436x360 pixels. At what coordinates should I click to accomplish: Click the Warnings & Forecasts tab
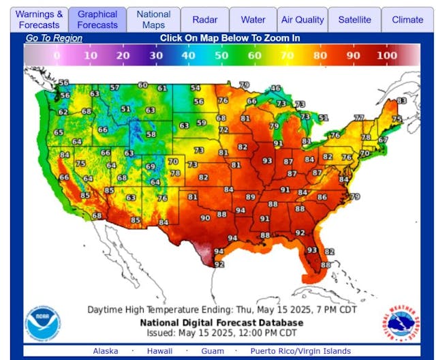(x=40, y=19)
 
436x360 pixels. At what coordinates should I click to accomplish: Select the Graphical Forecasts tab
(x=97, y=19)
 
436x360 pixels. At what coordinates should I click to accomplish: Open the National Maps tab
(x=153, y=19)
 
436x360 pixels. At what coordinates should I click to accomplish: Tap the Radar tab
(x=205, y=20)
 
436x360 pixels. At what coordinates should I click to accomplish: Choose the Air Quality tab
(x=302, y=20)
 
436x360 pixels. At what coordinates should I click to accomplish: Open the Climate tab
(x=407, y=20)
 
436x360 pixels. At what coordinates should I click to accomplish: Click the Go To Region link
(x=54, y=38)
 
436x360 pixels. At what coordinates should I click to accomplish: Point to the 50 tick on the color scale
(x=221, y=55)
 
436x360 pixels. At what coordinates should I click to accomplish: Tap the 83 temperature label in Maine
(x=401, y=100)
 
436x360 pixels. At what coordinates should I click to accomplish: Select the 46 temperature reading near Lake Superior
(x=275, y=89)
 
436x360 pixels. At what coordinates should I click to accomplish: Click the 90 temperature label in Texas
(x=204, y=218)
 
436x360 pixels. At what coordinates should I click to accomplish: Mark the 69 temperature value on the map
(x=151, y=166)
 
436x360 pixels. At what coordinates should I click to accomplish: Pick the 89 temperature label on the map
(x=251, y=197)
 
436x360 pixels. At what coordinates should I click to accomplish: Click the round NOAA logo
(x=43, y=322)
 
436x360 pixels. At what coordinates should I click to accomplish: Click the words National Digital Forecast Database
(x=219, y=322)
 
